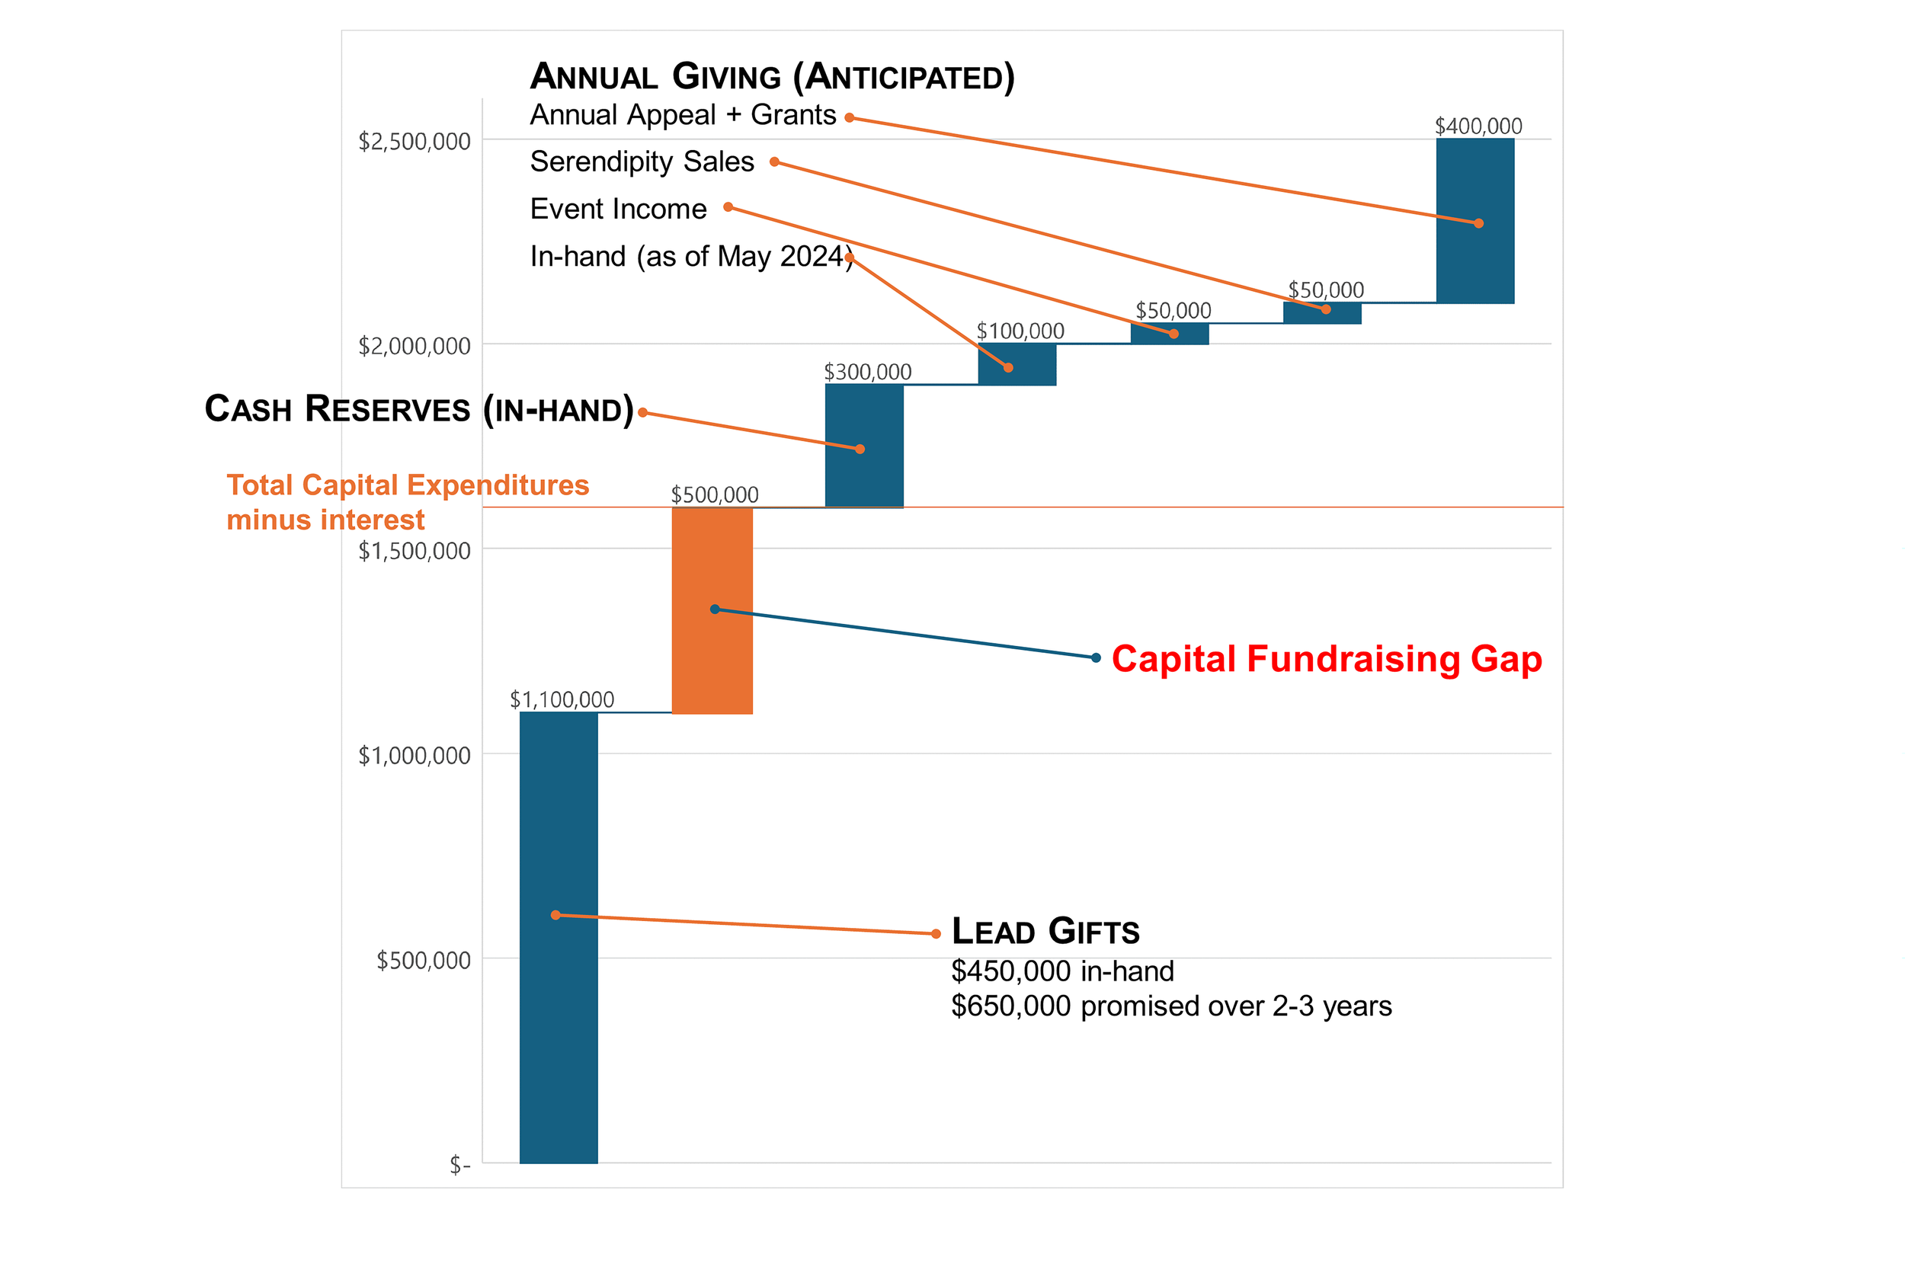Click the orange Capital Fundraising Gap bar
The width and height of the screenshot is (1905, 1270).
click(x=712, y=611)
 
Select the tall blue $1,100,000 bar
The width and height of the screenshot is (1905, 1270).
click(x=559, y=938)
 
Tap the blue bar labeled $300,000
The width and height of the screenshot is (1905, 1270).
click(x=864, y=446)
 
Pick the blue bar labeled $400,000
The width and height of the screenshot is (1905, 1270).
click(x=1475, y=221)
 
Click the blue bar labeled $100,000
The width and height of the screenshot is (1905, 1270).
click(x=1017, y=364)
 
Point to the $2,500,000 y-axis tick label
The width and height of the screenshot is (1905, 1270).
click(x=415, y=142)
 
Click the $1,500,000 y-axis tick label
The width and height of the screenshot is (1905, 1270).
click(x=415, y=552)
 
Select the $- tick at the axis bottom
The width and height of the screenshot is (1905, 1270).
click(x=460, y=1166)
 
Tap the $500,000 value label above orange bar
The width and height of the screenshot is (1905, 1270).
click(x=715, y=495)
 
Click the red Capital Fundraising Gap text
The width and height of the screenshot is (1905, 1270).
click(x=1327, y=660)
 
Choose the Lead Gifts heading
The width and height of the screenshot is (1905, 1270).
click(x=1045, y=932)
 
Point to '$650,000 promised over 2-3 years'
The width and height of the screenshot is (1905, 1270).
click(x=1171, y=1006)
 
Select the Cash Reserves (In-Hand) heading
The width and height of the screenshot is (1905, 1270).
click(x=419, y=409)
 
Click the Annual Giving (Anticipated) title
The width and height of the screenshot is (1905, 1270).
click(x=772, y=78)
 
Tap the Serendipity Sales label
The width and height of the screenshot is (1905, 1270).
click(x=642, y=162)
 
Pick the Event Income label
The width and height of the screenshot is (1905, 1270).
click(x=619, y=209)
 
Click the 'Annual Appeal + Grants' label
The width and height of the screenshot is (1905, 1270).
click(x=684, y=116)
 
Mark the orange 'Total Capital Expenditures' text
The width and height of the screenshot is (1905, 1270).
click(x=408, y=485)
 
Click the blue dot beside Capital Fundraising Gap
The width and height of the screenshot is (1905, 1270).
click(x=1096, y=657)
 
